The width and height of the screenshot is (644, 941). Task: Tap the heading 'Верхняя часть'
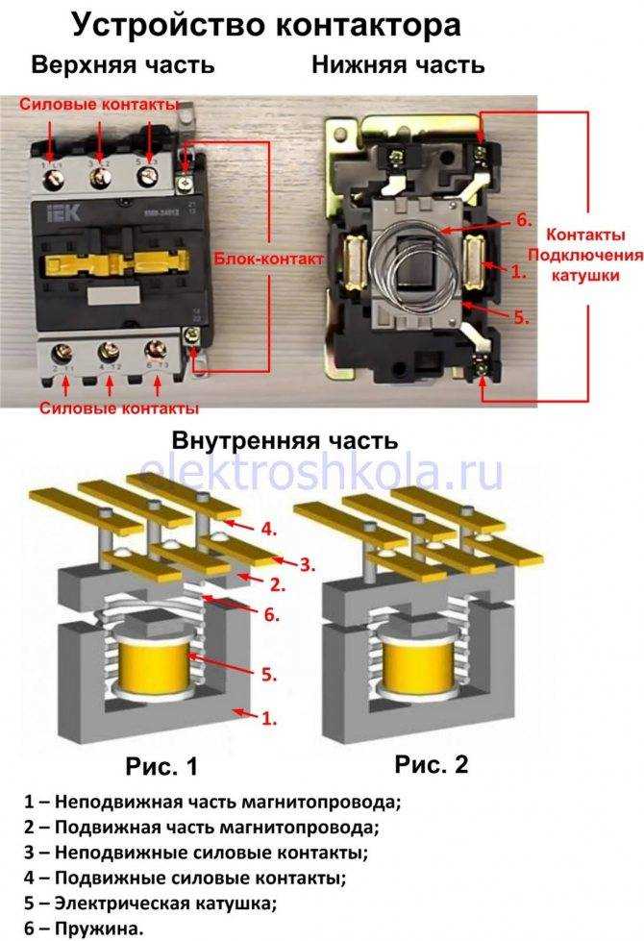click(122, 66)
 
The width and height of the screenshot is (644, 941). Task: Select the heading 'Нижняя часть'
click(397, 66)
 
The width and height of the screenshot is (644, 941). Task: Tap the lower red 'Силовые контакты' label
click(119, 408)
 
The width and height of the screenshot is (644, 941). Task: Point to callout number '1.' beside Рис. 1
click(270, 717)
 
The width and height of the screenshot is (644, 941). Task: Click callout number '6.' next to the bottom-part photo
click(524, 220)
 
